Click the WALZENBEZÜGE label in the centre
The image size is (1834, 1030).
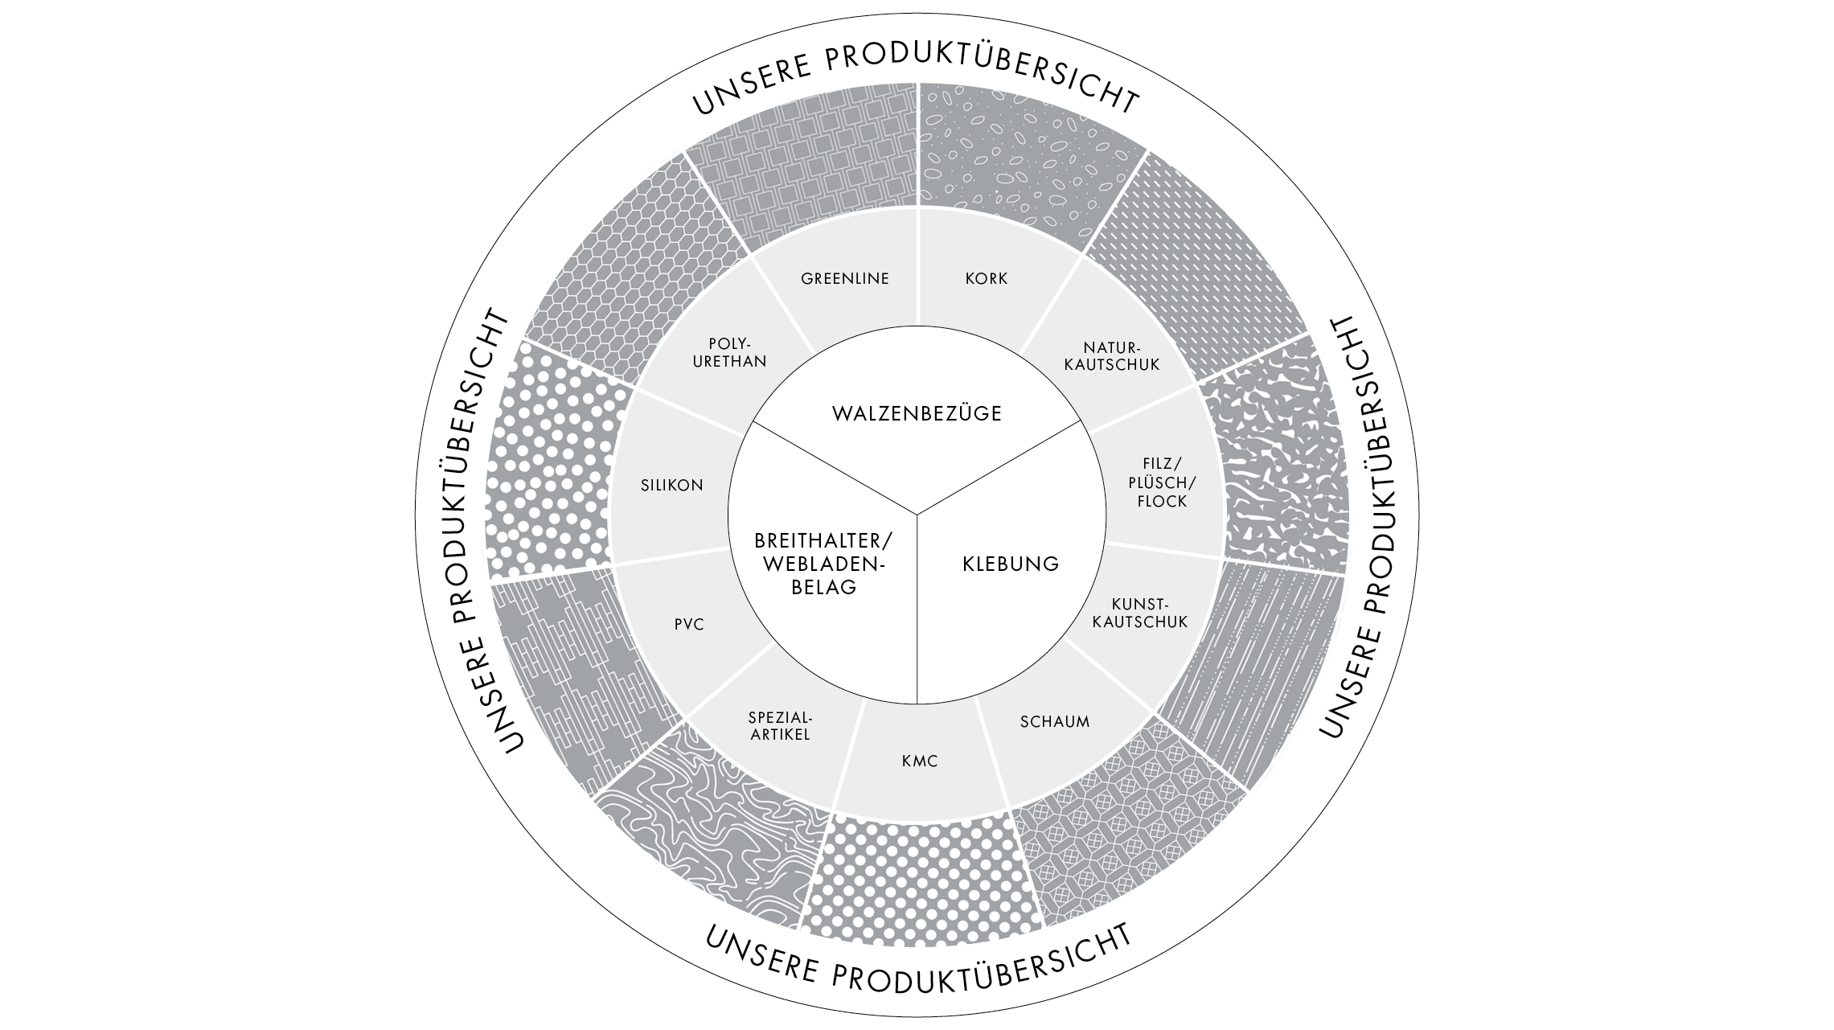click(917, 414)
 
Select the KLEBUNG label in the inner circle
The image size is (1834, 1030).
click(1011, 564)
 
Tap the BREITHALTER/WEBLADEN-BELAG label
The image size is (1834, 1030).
click(823, 564)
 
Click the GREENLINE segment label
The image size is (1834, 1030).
click(845, 279)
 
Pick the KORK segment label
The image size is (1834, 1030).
click(987, 279)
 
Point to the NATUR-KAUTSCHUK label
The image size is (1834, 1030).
click(1112, 356)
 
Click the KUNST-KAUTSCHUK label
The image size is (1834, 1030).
click(1140, 613)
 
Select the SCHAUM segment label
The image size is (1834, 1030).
click(1055, 721)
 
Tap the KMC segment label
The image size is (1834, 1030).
click(920, 761)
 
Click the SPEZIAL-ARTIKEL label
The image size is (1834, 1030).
click(780, 725)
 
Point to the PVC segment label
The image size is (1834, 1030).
click(689, 624)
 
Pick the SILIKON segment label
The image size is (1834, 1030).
click(672, 485)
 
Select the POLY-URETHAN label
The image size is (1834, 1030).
click(729, 352)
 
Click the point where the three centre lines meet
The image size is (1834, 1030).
click(917, 512)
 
